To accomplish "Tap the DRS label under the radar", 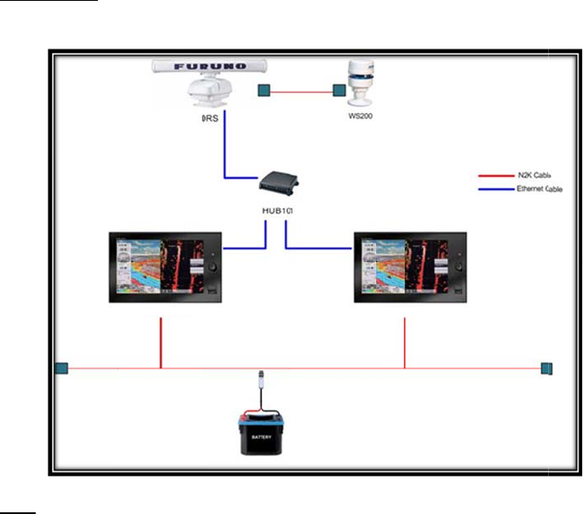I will click(x=209, y=119).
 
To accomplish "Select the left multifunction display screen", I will click(x=165, y=266).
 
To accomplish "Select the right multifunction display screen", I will click(x=410, y=266).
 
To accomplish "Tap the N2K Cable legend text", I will click(x=539, y=175).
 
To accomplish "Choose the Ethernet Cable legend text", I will click(x=539, y=188).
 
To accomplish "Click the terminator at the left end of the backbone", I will click(x=60, y=368).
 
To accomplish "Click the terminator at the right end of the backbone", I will click(x=547, y=368).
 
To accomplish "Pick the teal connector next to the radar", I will click(x=265, y=89).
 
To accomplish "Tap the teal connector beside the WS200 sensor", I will click(x=338, y=89).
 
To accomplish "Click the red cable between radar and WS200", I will click(x=301, y=89).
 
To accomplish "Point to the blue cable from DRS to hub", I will click(x=225, y=157).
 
